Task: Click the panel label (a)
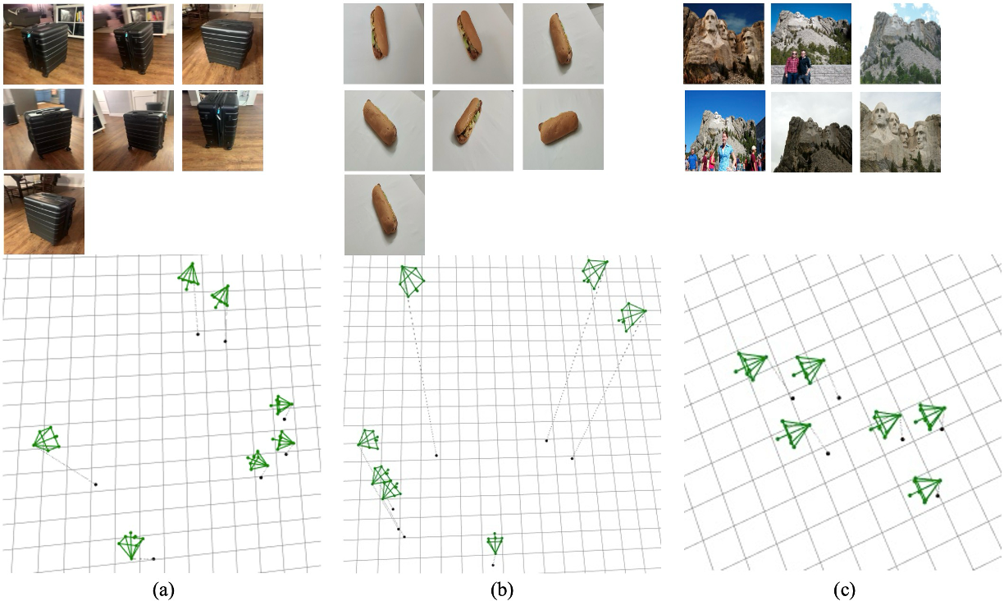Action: tap(163, 590)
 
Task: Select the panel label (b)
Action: tap(501, 590)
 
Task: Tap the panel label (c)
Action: tap(844, 590)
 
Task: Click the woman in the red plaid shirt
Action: tap(791, 67)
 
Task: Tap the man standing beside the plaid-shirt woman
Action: tap(805, 67)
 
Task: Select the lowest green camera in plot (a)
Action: tap(131, 545)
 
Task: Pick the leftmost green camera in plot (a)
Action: tap(47, 438)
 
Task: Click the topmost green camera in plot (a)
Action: tap(189, 275)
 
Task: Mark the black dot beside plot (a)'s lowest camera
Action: tap(153, 559)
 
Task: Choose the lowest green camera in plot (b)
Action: tap(495, 544)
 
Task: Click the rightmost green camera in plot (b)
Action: tap(632, 317)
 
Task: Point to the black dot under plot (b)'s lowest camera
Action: tap(493, 565)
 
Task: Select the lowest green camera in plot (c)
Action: tap(925, 489)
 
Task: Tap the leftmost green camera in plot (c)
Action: tap(751, 366)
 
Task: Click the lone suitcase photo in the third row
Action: tap(44, 214)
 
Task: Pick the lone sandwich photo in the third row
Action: tap(385, 215)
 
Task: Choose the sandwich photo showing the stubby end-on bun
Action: tap(563, 129)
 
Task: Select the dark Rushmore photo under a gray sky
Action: tap(812, 132)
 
